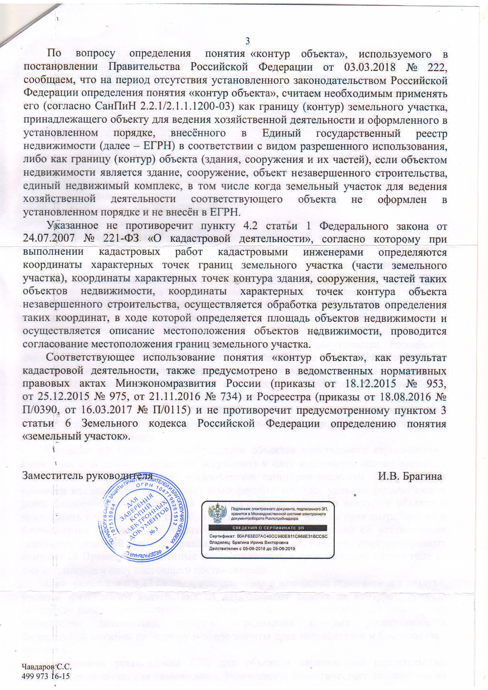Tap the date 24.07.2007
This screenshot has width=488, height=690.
click(49, 239)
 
